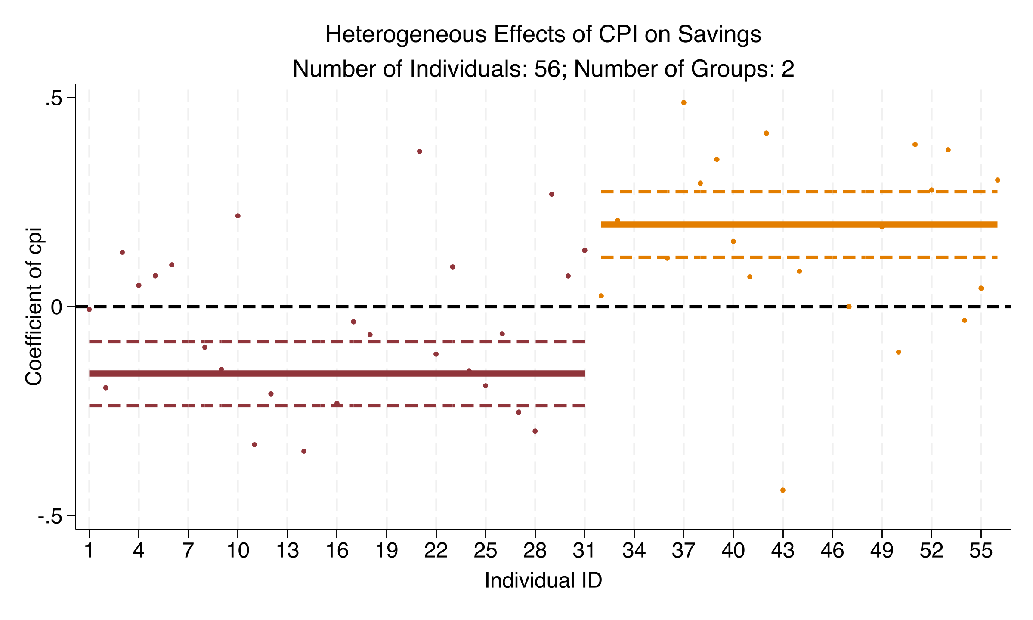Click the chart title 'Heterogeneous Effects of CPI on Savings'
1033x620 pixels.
543,34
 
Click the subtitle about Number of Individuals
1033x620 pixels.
543,69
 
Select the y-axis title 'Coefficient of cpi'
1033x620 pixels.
34,307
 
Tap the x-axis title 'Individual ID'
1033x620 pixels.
543,580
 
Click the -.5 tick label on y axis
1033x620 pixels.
50,517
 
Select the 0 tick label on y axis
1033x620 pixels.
57,307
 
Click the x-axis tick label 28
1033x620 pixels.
535,551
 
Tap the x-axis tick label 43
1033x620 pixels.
783,551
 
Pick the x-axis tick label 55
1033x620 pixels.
981,551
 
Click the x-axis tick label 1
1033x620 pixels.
89,551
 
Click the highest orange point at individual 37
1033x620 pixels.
684,102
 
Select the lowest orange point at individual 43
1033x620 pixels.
783,490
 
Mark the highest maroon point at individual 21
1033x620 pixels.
420,152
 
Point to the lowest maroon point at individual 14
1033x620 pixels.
304,451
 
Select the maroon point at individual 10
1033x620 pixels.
238,216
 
